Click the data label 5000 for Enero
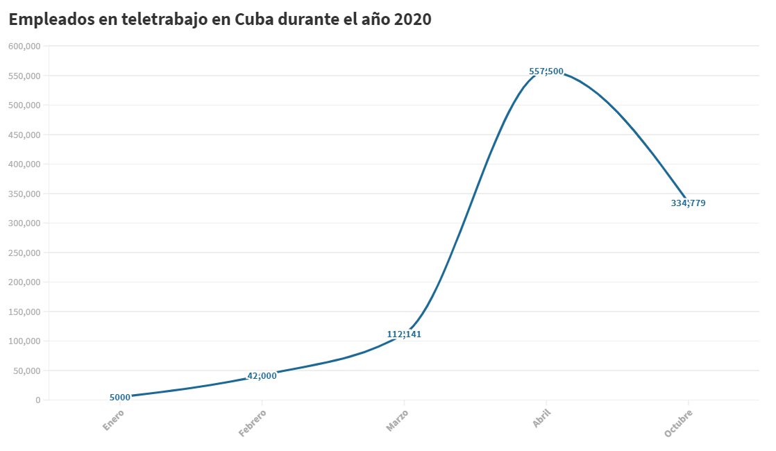pos(120,398)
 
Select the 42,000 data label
pos(262,376)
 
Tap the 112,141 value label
pos(404,334)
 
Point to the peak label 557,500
pos(546,71)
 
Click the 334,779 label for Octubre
pos(689,203)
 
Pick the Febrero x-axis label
pos(253,423)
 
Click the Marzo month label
pos(397,420)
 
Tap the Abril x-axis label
pos(541,419)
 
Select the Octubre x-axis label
pos(679,423)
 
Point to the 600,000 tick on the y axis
pos(25,46)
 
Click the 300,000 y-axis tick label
pos(25,223)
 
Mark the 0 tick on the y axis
pos(37,400)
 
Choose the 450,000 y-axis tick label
pos(25,135)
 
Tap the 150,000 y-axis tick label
pos(25,312)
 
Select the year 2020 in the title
pos(412,19)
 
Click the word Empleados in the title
pos(52,19)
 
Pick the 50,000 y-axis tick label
pos(27,371)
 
